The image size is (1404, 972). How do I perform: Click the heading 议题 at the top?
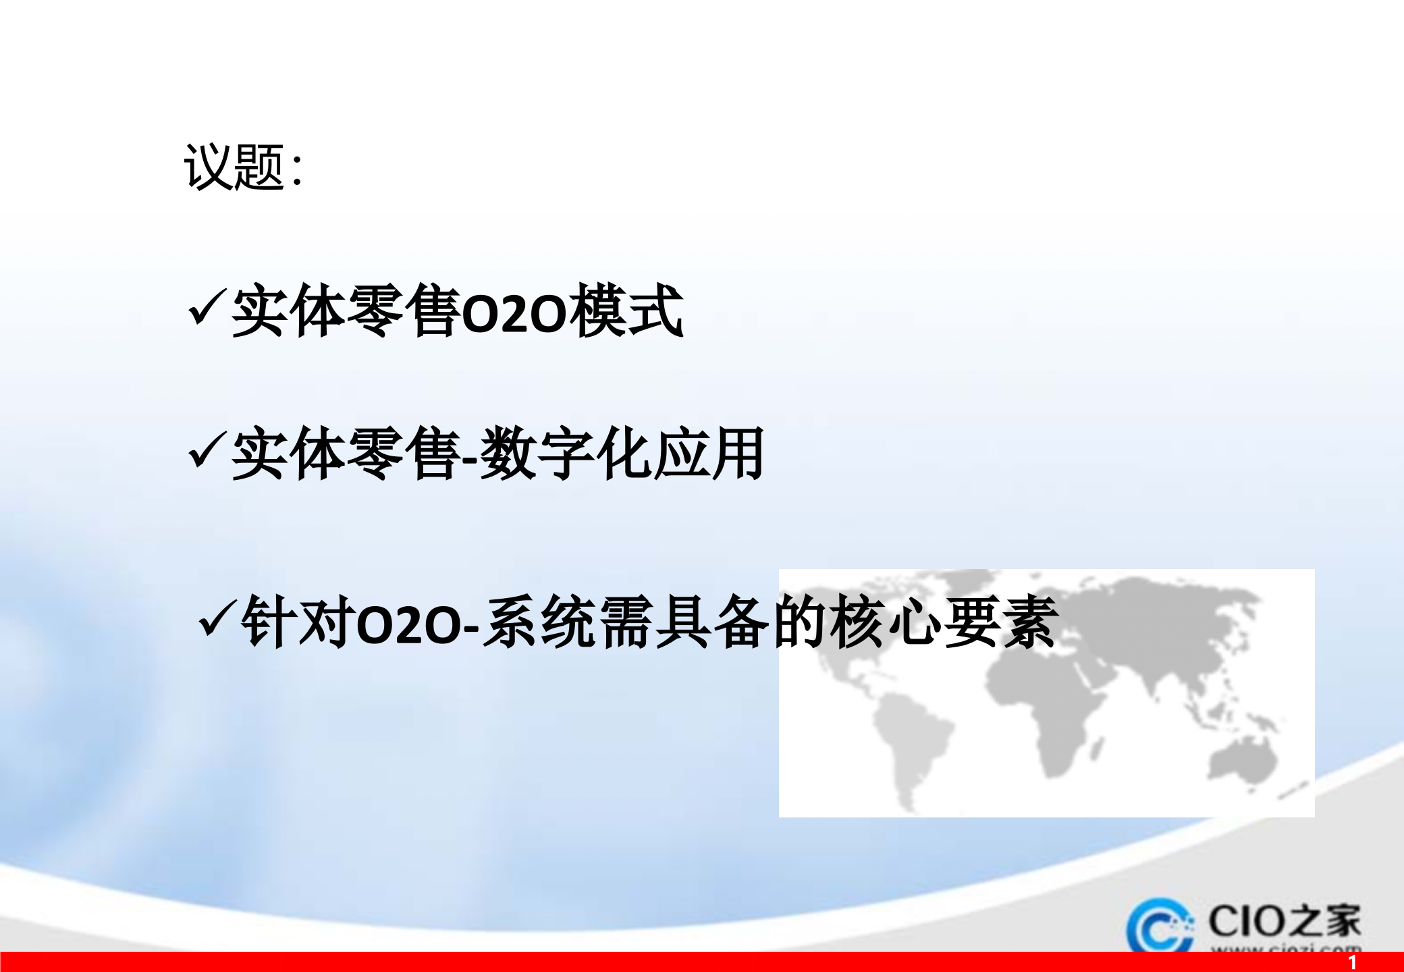point(234,167)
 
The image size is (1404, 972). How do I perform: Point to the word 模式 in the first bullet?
point(626,312)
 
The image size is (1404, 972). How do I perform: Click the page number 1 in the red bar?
point(1352,962)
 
